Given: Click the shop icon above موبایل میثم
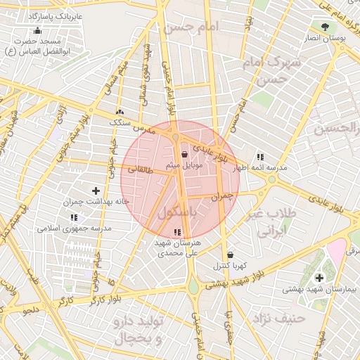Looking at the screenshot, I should tap(184, 154).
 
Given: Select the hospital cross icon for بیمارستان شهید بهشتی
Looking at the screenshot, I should tap(320, 278).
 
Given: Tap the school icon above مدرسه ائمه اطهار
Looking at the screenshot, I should tap(260, 157).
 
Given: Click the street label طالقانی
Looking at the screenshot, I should tap(140, 169).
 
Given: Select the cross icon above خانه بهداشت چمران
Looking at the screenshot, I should tap(96, 191).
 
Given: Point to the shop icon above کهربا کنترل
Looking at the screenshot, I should tap(231, 255).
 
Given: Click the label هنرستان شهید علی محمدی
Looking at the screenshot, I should tap(177, 247).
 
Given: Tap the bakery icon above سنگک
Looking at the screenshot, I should tap(120, 112).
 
